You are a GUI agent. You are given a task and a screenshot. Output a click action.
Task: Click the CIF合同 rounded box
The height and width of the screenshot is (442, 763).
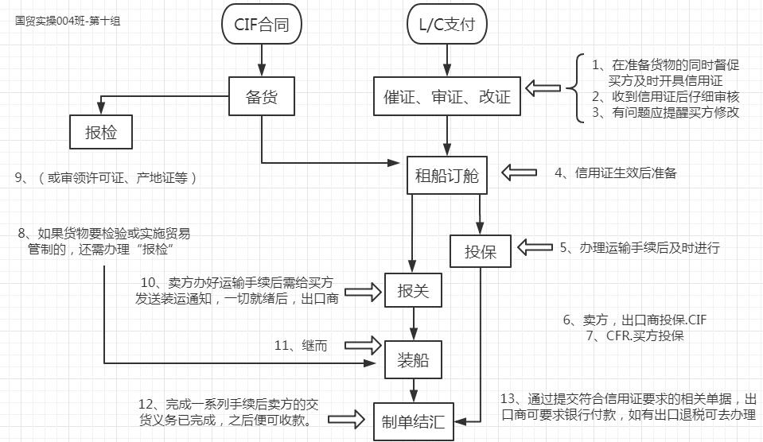pyautogui.click(x=262, y=25)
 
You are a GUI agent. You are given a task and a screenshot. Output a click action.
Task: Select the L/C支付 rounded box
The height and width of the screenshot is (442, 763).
pyautogui.click(x=446, y=25)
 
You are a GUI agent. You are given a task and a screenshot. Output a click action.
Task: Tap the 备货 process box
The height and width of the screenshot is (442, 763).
pyautogui.click(x=262, y=98)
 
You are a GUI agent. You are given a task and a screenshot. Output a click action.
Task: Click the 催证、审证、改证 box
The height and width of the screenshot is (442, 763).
pyautogui.click(x=447, y=98)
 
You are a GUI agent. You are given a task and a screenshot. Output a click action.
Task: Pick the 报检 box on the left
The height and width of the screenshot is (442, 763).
pyautogui.click(x=101, y=132)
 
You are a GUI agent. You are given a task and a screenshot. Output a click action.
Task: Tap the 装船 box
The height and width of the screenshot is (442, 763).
pyautogui.click(x=412, y=360)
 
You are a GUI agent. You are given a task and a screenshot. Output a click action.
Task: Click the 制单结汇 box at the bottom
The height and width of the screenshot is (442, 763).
pyautogui.click(x=412, y=421)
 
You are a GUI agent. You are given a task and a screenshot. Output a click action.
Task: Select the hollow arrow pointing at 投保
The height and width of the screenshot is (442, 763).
pyautogui.click(x=534, y=247)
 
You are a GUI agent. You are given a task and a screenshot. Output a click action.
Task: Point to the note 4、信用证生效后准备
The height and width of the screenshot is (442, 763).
pyautogui.click(x=615, y=173)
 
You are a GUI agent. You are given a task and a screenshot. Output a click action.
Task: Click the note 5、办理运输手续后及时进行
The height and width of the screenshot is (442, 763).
pyautogui.click(x=639, y=248)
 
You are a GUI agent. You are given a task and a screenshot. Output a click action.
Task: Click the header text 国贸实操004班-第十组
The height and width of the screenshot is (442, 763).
pyautogui.click(x=68, y=21)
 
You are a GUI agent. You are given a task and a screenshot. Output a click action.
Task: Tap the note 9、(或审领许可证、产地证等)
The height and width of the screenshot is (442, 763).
pyautogui.click(x=106, y=179)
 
